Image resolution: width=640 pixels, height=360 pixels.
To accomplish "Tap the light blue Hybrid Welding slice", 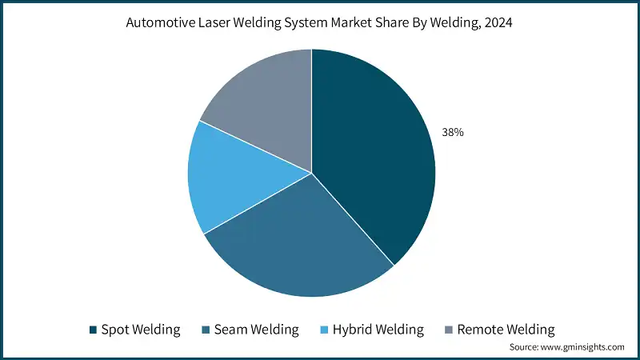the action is tap(237, 179).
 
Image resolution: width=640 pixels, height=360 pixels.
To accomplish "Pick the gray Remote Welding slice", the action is tap(266, 102).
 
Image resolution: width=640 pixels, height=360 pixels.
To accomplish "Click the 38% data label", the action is tap(453, 132).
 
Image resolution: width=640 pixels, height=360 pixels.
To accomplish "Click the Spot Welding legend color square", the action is tap(93, 330).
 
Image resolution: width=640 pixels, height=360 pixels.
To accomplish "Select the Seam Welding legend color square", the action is tap(206, 330).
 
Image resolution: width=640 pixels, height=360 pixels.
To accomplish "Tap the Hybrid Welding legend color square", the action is tap(324, 330).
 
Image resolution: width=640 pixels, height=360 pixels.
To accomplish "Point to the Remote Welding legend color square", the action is tap(449, 330).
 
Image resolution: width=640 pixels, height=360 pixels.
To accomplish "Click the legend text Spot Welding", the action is tap(141, 330).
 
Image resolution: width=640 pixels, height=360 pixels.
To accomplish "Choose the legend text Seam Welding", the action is tap(256, 330).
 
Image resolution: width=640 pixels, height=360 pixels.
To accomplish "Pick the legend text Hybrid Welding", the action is tap(378, 330).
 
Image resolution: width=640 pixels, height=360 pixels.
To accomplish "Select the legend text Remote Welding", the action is tap(506, 330).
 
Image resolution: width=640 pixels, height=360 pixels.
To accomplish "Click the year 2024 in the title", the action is tap(498, 22).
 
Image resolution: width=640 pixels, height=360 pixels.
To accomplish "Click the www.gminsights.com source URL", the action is tap(582, 347).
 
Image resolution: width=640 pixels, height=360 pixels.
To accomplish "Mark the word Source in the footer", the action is tap(524, 347).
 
